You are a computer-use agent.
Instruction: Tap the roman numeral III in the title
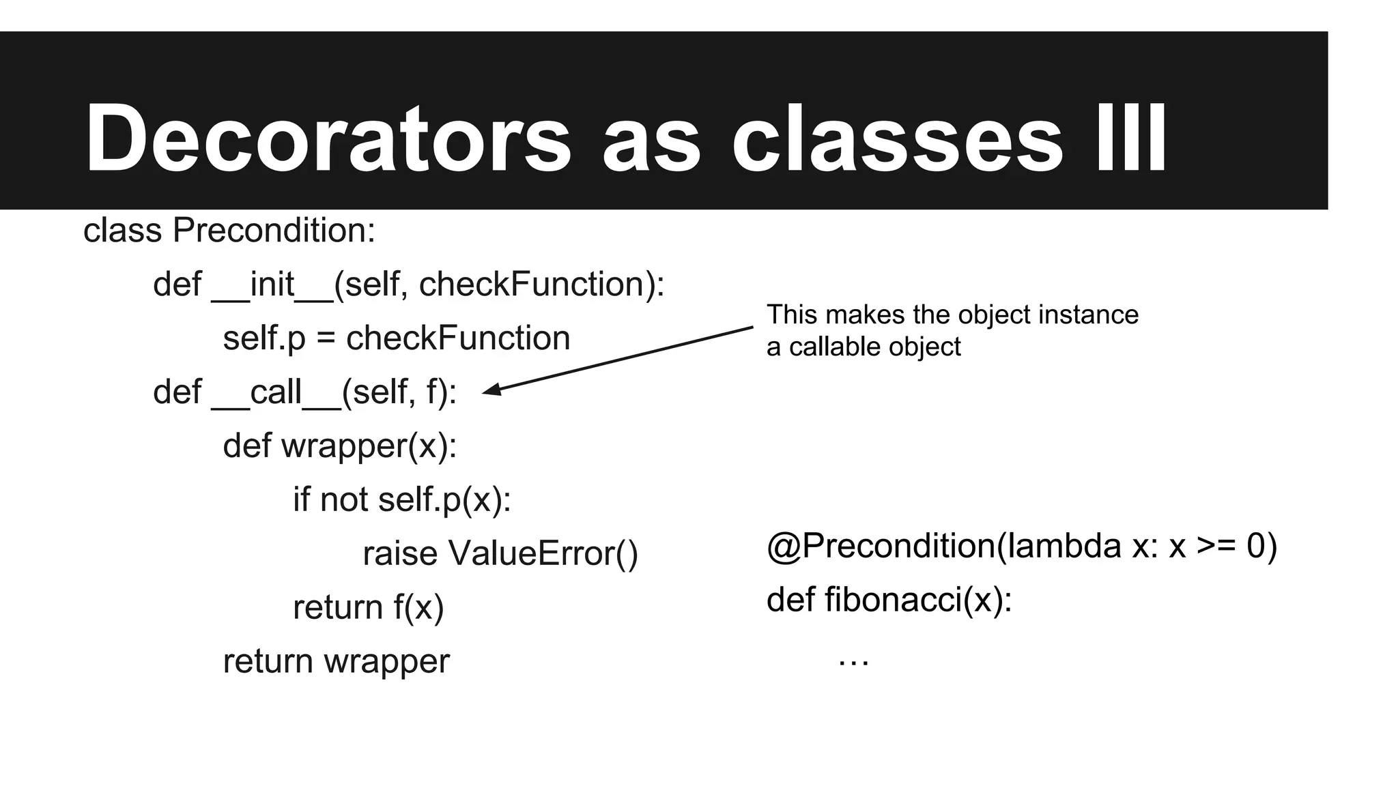pos(1131,139)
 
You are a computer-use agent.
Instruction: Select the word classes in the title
pos(896,139)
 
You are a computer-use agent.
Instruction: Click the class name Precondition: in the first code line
pos(274,231)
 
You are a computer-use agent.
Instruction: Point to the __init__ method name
pos(272,285)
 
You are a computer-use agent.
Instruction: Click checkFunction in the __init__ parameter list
pos(532,285)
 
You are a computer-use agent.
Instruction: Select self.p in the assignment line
pos(264,338)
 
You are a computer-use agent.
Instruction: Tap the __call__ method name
pos(276,392)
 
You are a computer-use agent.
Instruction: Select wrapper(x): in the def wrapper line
pos(369,446)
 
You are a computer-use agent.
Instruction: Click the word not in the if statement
pos(344,500)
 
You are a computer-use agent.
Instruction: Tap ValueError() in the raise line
pos(543,553)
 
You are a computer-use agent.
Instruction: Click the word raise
pos(399,553)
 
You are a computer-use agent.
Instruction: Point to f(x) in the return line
pos(418,607)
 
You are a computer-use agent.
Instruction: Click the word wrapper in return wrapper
pos(386,661)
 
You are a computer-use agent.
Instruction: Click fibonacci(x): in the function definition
pos(918,600)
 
